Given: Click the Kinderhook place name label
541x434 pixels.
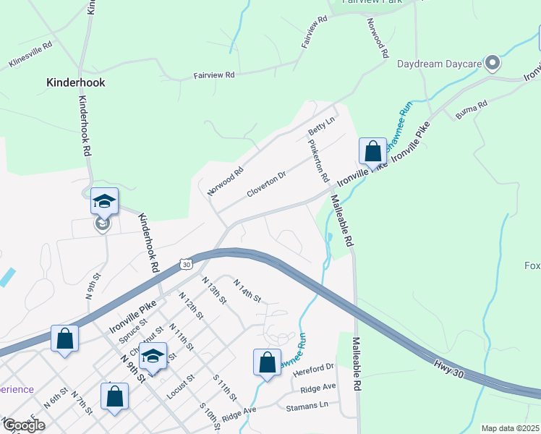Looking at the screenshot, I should [76, 82].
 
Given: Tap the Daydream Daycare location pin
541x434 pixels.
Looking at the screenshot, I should [493, 64].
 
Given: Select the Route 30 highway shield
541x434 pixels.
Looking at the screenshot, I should [187, 264].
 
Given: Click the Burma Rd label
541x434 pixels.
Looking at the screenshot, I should [472, 109].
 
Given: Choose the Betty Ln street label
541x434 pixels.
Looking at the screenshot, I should [322, 125].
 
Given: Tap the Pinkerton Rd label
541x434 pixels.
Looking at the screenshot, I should [319, 161].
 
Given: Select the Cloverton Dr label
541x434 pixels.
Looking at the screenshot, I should [267, 184].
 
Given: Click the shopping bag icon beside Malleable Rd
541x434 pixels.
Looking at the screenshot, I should [372, 152].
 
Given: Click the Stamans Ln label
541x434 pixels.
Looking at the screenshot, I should [307, 407].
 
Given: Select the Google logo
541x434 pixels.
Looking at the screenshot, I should [25, 425].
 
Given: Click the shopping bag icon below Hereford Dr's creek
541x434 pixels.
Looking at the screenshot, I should [267, 362].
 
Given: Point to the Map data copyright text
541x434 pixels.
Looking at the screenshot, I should [511, 428].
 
